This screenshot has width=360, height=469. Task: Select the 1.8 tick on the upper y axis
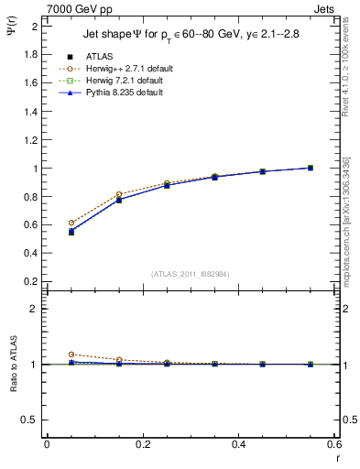click(29, 54)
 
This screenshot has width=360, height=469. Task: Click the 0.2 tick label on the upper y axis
click(29, 282)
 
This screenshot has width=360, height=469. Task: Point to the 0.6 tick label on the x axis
click(335, 444)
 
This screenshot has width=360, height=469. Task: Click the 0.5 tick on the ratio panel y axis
click(29, 420)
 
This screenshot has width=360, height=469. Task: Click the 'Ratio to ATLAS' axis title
click(13, 365)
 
